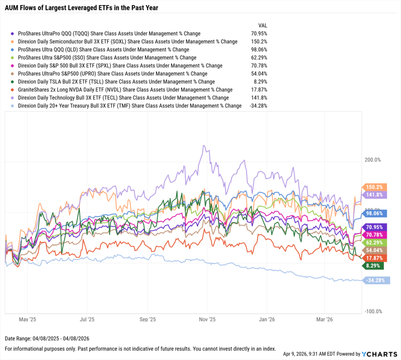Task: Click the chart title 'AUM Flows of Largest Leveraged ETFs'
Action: pyautogui.click(x=81, y=7)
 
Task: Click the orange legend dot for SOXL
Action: pyautogui.click(x=13, y=42)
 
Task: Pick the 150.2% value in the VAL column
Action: pyautogui.click(x=259, y=42)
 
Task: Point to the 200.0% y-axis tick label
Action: pyautogui.click(x=372, y=160)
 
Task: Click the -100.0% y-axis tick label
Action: pyautogui.click(x=373, y=311)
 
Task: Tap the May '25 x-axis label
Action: pyautogui.click(x=27, y=320)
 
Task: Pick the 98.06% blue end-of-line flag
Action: pyautogui.click(x=375, y=213)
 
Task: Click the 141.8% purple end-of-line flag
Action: pyautogui.click(x=375, y=195)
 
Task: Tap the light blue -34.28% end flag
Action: pyautogui.click(x=376, y=280)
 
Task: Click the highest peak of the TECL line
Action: pyautogui.click(x=203, y=146)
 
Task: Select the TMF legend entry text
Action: pyautogui.click(x=130, y=106)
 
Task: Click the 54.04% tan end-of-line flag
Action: pyautogui.click(x=375, y=250)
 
